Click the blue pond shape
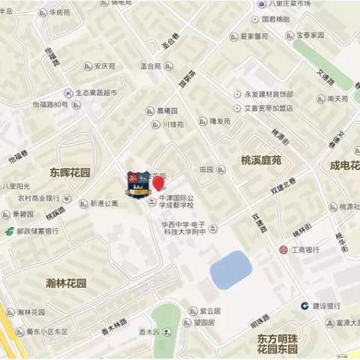pos(230,269)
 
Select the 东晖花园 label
pos(70,172)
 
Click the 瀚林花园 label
pos(61,283)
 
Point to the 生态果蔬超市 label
pos(100,93)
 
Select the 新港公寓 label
pos(104,203)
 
